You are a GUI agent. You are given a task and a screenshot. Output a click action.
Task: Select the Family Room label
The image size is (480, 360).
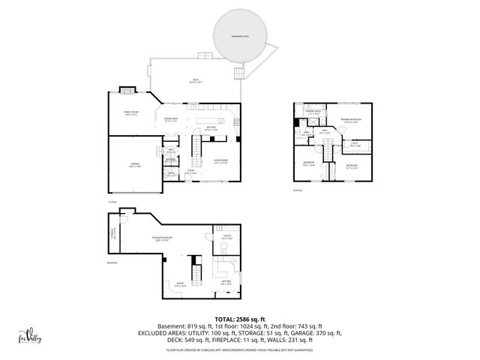[131, 113]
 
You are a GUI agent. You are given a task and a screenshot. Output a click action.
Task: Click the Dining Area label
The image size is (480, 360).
[171, 119]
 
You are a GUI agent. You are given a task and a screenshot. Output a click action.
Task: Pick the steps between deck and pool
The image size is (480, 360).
[239, 73]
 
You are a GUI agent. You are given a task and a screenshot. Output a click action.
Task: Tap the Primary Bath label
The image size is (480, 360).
[313, 113]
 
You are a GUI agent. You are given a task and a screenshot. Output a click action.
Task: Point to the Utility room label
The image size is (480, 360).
[227, 238]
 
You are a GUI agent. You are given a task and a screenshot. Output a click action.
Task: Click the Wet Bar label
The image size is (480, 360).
[226, 282]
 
